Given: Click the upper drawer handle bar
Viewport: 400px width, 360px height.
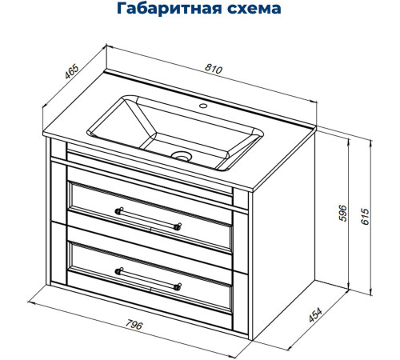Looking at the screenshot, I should point(148,218).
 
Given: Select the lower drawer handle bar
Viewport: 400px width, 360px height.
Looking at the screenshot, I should point(148,276).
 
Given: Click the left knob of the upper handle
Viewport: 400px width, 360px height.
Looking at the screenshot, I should point(119,211).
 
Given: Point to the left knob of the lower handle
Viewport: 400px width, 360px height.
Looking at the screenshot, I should point(119,270).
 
